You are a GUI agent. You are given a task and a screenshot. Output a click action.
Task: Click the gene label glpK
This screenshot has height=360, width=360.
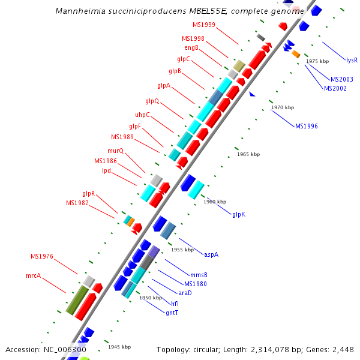pos(239,214)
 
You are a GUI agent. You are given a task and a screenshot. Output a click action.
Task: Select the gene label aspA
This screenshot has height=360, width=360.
pos(211,254)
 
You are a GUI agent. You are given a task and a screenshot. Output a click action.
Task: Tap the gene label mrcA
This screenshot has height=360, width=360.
pos(33,276)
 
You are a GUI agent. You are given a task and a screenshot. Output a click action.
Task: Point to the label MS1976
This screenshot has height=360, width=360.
pos(42,256)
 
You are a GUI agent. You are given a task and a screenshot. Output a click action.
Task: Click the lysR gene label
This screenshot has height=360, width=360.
pos(352,60)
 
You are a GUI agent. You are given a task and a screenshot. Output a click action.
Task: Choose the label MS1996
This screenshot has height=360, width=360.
pos(306,126)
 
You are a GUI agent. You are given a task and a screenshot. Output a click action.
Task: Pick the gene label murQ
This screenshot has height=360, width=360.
pos(115,151)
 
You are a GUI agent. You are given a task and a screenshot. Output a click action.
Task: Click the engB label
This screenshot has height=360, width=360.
pos(191,48)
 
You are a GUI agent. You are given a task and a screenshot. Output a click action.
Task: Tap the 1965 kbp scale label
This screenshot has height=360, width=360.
pos(248,154)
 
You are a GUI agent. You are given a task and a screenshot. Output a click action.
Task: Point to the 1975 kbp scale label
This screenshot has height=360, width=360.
pos(317,61)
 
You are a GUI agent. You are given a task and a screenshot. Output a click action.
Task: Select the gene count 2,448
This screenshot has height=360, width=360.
pos(342,349)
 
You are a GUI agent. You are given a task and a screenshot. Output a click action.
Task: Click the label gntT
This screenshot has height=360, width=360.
pos(172,313)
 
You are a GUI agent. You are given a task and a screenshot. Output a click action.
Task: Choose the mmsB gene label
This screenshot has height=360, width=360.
pos(199,275)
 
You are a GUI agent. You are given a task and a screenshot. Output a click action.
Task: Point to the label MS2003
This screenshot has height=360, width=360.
pos(342,79)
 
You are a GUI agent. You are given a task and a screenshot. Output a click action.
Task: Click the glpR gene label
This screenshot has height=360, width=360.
pos(89,193)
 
